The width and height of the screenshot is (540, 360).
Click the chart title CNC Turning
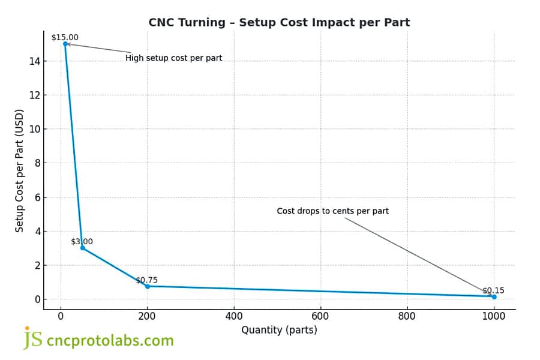pos(279,23)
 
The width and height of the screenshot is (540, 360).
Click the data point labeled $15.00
pos(65,44)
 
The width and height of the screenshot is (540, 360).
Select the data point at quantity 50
pos(83,248)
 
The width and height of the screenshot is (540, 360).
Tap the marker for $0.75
pos(148,286)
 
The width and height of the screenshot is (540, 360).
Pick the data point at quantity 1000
pos(494,296)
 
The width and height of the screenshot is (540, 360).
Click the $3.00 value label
pos(82,241)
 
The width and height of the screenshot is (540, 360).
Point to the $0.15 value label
pos(493,290)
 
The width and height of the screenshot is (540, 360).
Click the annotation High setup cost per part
pos(173,58)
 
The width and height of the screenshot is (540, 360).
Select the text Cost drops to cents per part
pos(332,211)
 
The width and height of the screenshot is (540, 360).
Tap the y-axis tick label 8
pos(38,163)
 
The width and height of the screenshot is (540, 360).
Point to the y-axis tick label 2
pos(38,265)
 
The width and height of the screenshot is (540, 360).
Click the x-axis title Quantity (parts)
pos(279,330)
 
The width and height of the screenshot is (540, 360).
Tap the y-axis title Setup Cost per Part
pos(19,171)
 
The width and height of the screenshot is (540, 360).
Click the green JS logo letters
pos(33,339)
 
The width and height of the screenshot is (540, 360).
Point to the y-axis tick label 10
pos(35,129)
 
